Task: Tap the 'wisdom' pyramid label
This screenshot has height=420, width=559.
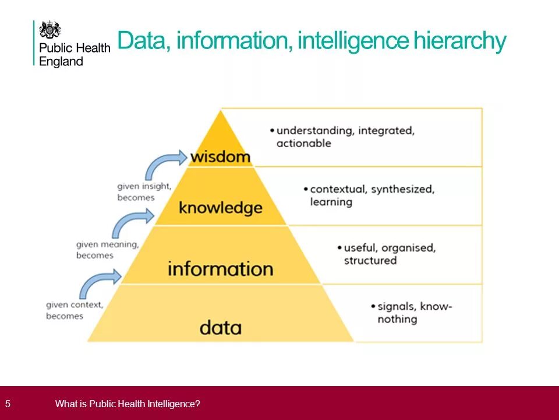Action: (x=220, y=156)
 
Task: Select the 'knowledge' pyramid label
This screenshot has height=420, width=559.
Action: (x=220, y=207)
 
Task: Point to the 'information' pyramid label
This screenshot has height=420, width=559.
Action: (x=220, y=269)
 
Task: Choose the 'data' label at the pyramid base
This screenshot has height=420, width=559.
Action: (x=220, y=327)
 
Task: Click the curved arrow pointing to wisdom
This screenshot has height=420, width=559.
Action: (x=165, y=163)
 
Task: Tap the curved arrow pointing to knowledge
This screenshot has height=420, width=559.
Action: (x=132, y=222)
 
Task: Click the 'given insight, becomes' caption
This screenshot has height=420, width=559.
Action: (x=144, y=192)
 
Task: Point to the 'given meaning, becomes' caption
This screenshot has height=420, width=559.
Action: (x=107, y=250)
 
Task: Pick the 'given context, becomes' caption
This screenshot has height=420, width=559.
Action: (x=75, y=310)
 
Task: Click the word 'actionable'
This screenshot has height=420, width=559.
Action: (x=303, y=143)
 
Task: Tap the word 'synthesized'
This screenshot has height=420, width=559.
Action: (x=402, y=190)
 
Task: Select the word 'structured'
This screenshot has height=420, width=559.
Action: (x=370, y=261)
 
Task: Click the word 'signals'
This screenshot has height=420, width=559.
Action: (x=397, y=306)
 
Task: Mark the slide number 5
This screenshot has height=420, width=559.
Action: (x=8, y=403)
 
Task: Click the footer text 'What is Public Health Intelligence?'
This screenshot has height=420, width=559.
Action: (x=128, y=403)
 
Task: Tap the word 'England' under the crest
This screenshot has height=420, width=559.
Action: (x=61, y=61)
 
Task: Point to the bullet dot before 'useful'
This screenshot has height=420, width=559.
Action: (x=339, y=247)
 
